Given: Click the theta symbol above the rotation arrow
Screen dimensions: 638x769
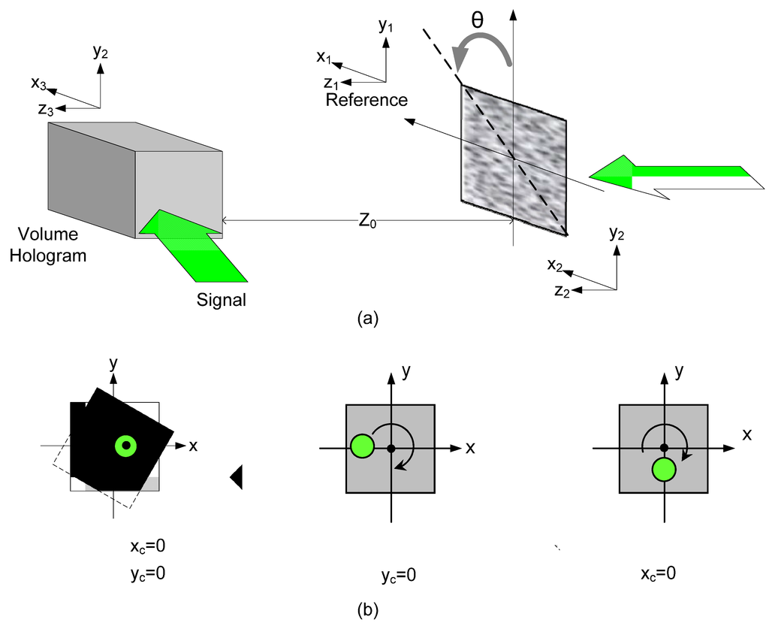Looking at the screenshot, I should click(x=478, y=20).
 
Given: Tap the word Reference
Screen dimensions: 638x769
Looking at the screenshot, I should click(x=366, y=100).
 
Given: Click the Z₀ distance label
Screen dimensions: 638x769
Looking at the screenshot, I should click(x=367, y=222).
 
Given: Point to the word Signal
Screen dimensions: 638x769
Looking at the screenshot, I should click(x=221, y=300).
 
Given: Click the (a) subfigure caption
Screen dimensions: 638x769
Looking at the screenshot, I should click(x=366, y=319).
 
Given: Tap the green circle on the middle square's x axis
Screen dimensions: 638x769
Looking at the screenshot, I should click(x=362, y=446).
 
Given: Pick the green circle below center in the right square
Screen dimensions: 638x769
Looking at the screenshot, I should click(x=664, y=470).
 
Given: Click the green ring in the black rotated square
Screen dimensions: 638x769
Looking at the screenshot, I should click(x=126, y=446).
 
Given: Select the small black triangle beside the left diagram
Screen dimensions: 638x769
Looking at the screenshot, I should click(x=237, y=476).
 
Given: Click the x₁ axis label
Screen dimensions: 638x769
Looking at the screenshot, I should click(x=324, y=56).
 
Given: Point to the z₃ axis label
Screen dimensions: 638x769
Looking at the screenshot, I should click(x=45, y=110).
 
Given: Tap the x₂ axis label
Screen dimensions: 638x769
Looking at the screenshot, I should click(x=555, y=265).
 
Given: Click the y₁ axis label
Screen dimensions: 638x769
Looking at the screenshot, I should click(x=386, y=26).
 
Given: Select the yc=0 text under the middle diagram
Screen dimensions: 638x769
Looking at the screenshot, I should click(x=398, y=576).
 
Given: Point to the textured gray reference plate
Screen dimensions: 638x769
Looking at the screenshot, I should click(x=513, y=158).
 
